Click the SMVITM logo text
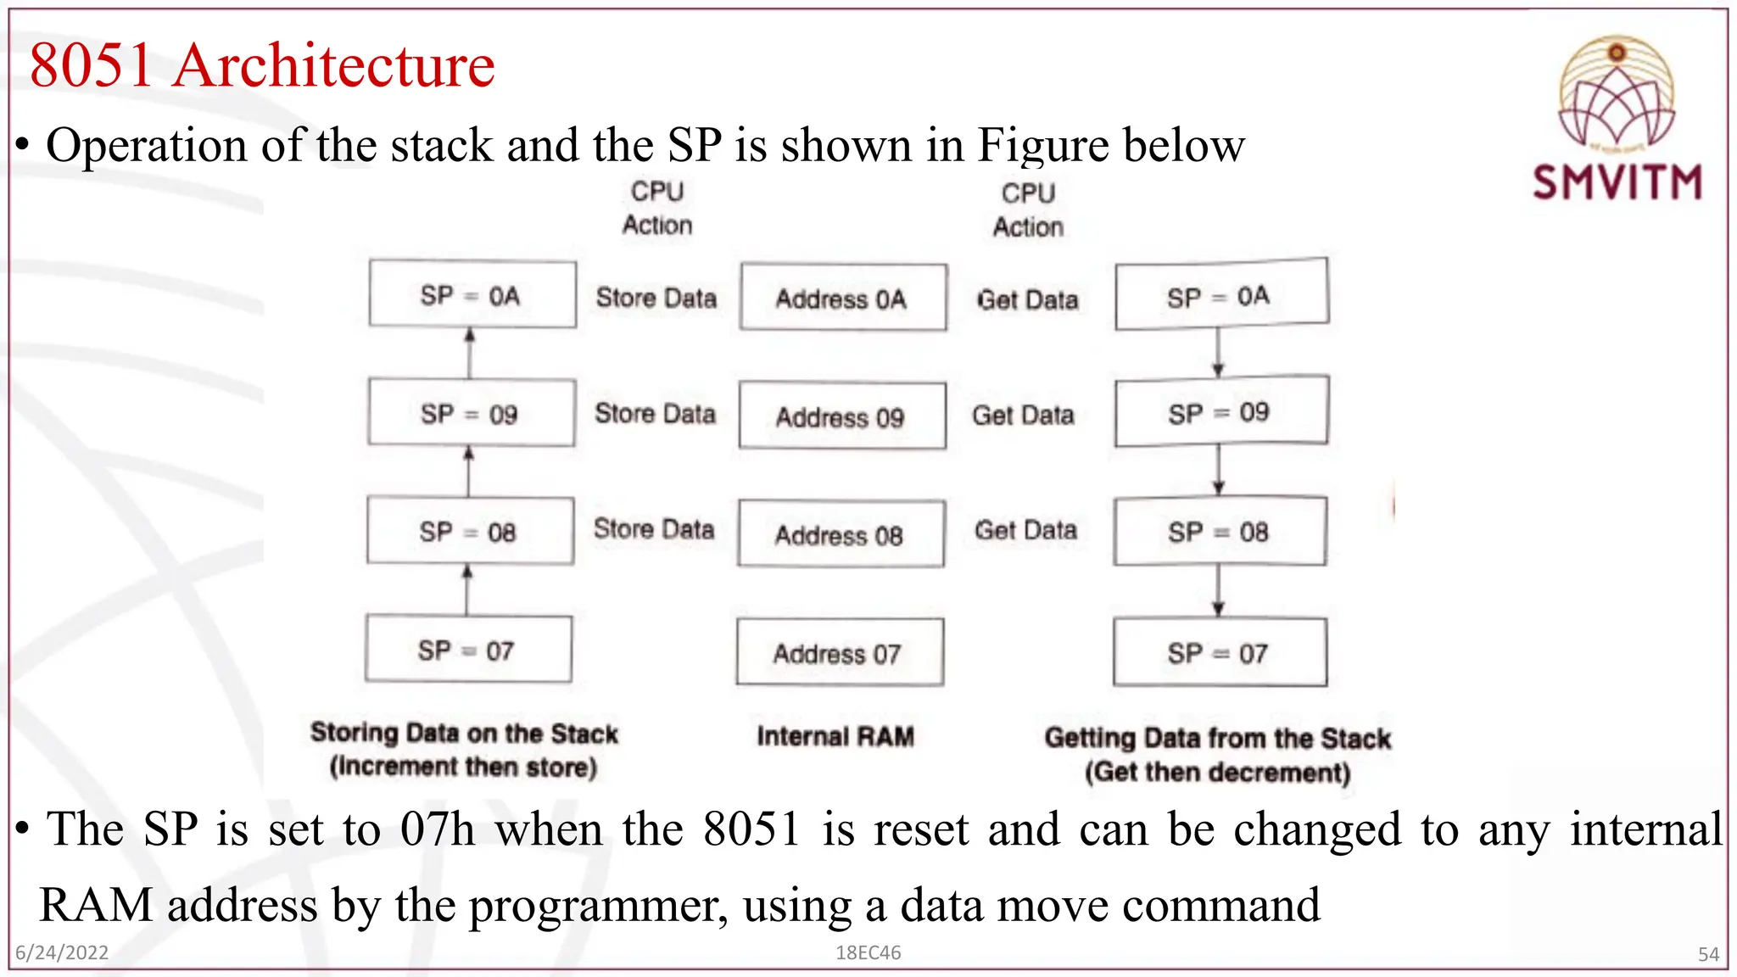point(1617,182)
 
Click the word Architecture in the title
point(334,65)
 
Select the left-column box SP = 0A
point(472,295)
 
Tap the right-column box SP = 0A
point(1221,295)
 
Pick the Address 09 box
point(842,416)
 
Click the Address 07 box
point(840,653)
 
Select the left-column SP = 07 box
point(468,650)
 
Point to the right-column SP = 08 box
point(1220,533)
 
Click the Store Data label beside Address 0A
point(656,298)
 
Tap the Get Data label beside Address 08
point(1025,530)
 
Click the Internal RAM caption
point(835,736)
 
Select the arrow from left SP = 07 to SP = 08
point(467,590)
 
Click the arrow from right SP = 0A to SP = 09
point(1218,351)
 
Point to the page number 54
point(1708,955)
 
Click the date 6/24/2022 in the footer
point(62,952)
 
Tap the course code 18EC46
point(868,952)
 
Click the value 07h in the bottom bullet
point(438,829)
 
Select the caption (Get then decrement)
point(1217,773)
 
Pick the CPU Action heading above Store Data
point(657,208)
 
